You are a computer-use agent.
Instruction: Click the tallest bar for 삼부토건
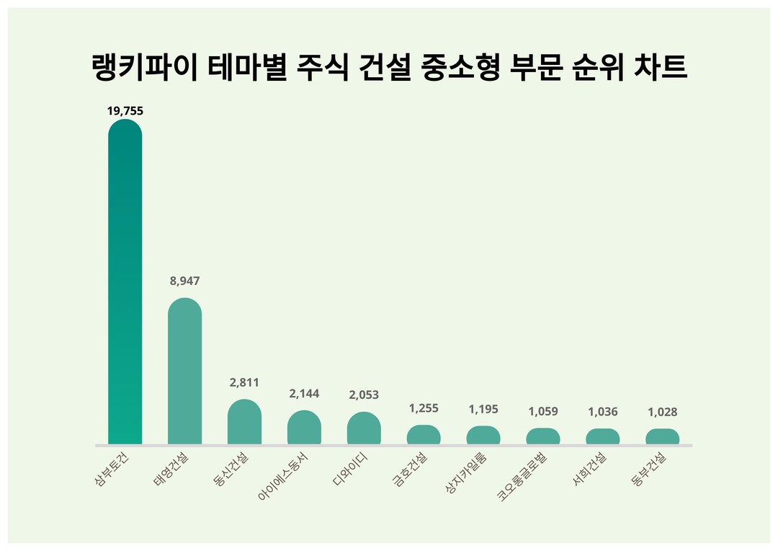125,281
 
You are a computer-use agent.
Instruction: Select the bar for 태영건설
184,371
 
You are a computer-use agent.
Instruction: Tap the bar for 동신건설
244,422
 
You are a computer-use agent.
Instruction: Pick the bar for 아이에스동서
304,427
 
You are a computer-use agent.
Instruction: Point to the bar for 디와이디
364,428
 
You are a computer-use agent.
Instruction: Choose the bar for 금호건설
424,435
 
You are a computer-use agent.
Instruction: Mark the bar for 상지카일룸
483,436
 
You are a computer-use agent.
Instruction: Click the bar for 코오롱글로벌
543,436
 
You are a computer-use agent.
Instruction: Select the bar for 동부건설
662,436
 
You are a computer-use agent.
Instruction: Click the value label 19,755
125,110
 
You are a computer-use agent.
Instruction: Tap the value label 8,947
184,281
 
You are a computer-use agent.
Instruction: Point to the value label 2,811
244,382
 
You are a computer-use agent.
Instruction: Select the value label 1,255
424,408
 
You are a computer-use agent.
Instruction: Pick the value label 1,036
602,412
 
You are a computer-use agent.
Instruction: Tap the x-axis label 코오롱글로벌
524,476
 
